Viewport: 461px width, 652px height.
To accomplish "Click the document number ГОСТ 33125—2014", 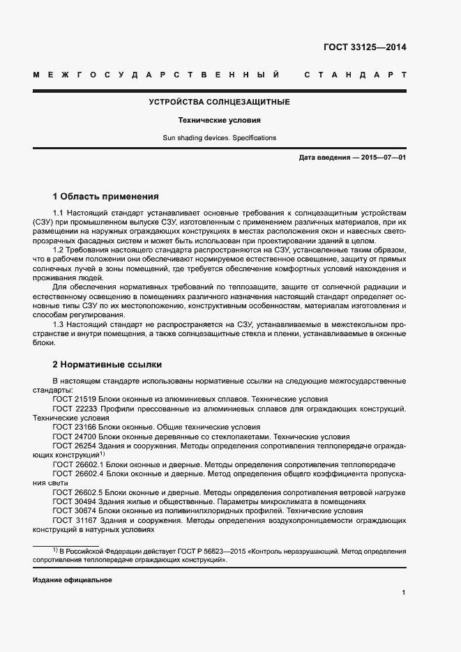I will (x=364, y=48).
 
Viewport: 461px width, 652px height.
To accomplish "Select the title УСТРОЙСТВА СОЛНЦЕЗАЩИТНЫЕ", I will (x=220, y=103).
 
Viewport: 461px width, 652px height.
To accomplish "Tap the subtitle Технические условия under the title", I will (x=220, y=120).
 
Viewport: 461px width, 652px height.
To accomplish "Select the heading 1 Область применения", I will (x=106, y=196).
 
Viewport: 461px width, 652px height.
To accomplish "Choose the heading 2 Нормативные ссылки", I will (x=107, y=363).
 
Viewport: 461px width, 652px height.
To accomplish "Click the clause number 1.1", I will (x=59, y=211).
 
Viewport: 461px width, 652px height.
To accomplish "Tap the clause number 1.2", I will (x=59, y=250).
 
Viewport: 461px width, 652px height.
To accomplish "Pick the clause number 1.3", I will (x=59, y=324).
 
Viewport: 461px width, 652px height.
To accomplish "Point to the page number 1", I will (x=404, y=592).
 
